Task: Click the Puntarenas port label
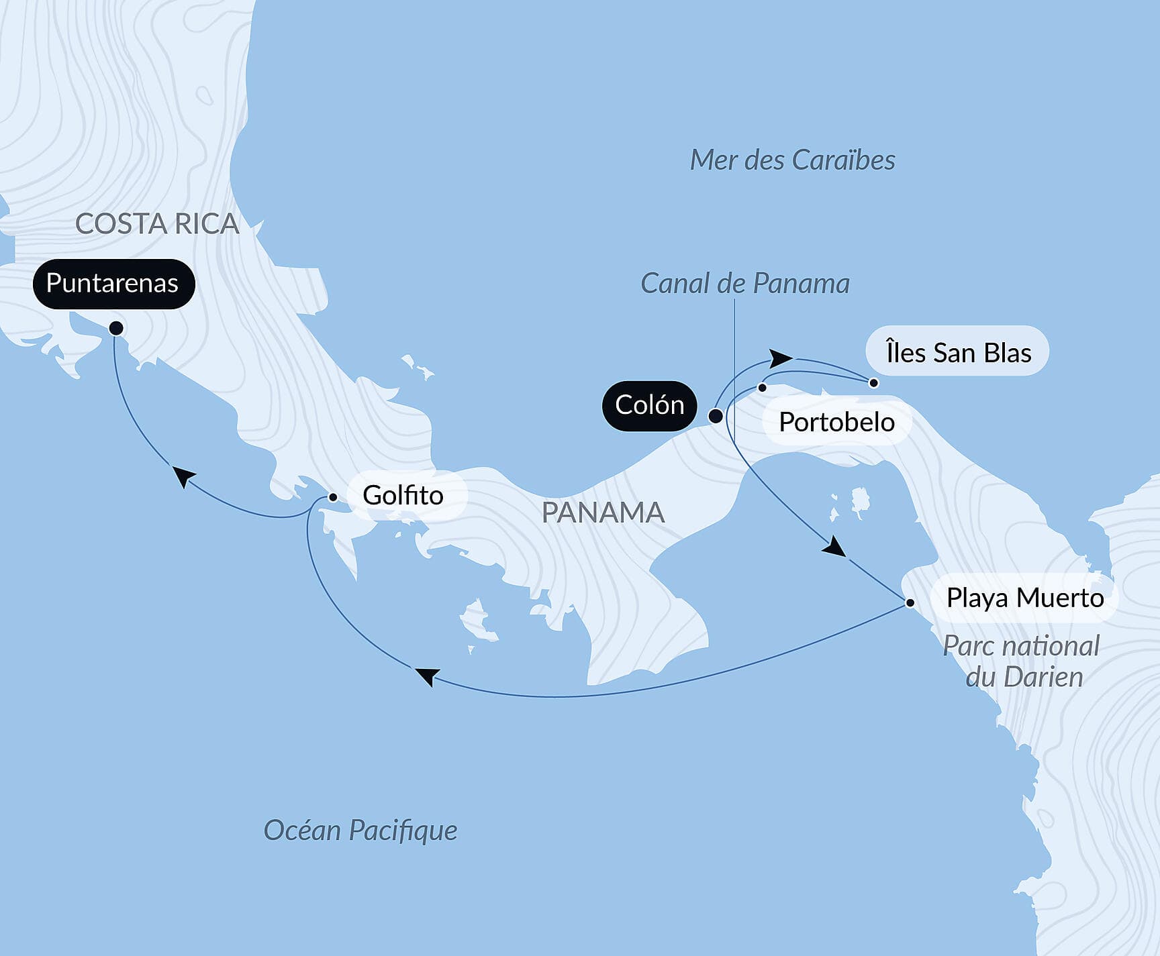[x=113, y=283]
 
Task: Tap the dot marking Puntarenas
[x=116, y=328]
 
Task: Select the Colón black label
[x=649, y=405]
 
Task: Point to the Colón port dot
[x=716, y=416]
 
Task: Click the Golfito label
[x=403, y=496]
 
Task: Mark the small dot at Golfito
[x=332, y=497]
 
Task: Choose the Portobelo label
[x=836, y=422]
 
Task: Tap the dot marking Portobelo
[x=762, y=387]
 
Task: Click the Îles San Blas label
[x=958, y=352]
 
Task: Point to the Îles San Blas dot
[x=873, y=382]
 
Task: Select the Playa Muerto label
[x=1024, y=598]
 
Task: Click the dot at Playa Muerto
[x=910, y=602]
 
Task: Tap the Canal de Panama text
[x=744, y=283]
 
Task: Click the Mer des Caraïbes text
[x=792, y=160]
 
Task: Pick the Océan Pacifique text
[x=360, y=830]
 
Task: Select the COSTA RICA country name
[x=157, y=223]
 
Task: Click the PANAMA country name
[x=602, y=513]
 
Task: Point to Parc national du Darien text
[x=1022, y=661]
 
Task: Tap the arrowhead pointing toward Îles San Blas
[x=780, y=358]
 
